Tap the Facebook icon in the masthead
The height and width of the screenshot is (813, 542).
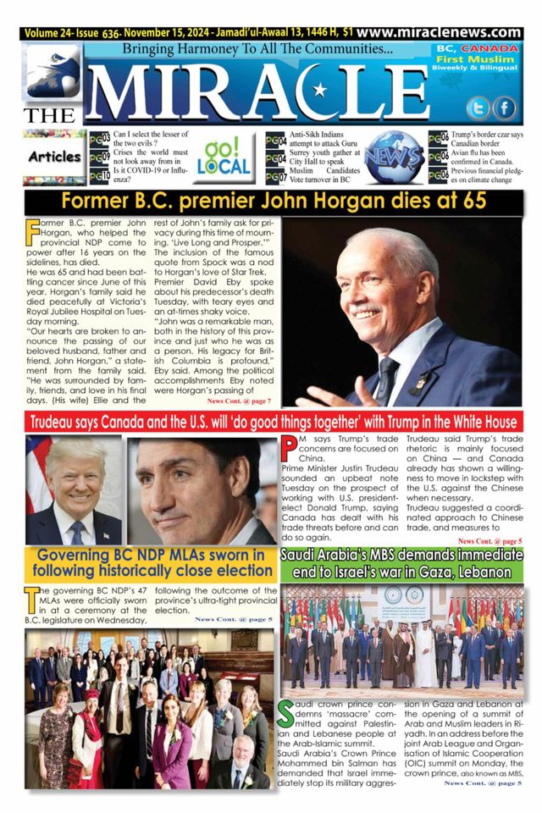(x=505, y=108)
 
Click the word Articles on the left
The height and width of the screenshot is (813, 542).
(x=53, y=157)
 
